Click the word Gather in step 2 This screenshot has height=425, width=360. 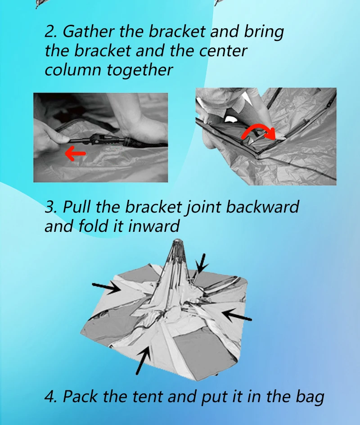[87, 32]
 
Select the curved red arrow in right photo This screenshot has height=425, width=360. [258, 131]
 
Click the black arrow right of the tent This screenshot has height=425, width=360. [237, 314]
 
